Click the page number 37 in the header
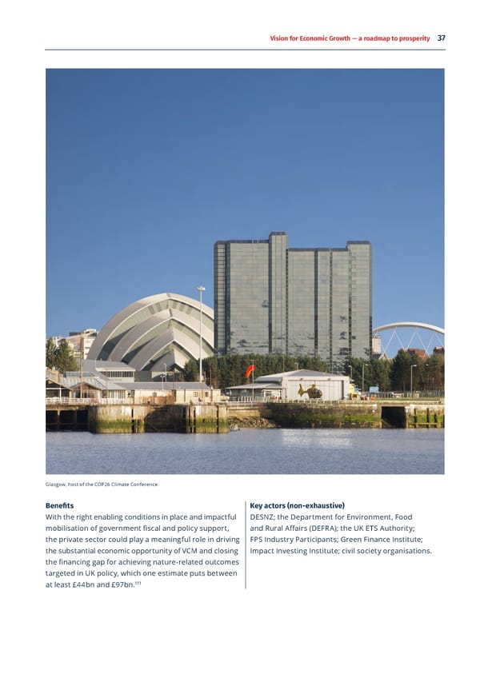tap(441, 38)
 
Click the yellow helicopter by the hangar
tap(310, 391)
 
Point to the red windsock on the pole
tap(250, 372)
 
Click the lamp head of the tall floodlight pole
tap(201, 289)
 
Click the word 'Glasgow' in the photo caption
tap(57, 484)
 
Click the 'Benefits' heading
tap(60, 505)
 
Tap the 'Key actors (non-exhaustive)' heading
tap(297, 505)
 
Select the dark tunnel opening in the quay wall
tap(394, 417)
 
